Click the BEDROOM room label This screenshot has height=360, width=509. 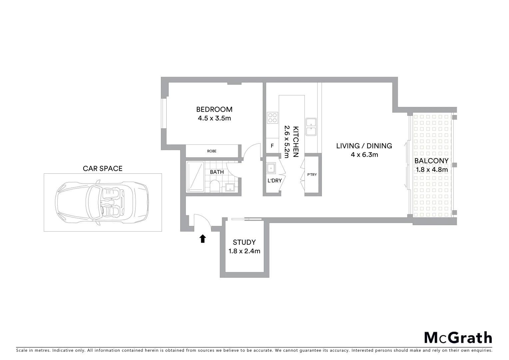214,109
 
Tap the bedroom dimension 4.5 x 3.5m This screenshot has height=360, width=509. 214,118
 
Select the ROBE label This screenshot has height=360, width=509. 212,151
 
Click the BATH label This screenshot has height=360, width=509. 217,172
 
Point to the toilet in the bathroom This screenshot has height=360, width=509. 215,186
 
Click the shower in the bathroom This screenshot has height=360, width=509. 195,177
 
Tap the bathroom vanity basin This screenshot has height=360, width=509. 230,187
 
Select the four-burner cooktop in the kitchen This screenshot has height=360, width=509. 272,118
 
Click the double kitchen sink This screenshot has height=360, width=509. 311,127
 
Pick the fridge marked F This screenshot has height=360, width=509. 272,146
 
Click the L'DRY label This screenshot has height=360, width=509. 274,181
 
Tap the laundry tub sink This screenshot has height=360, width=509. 271,168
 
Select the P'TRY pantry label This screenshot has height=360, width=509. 312,175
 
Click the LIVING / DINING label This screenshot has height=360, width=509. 364,146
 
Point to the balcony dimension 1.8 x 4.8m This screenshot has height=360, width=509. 432,170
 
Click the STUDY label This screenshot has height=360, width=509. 244,242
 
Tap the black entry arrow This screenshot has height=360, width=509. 203,239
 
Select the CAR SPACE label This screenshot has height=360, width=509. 103,169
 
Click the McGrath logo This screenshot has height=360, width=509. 458,338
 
